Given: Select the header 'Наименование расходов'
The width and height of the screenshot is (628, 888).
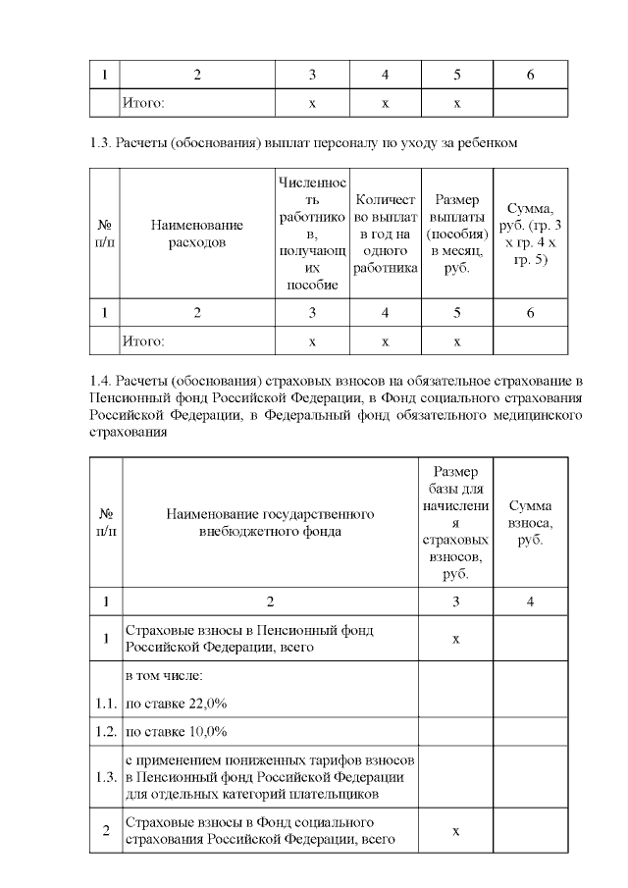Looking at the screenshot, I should click(x=197, y=233).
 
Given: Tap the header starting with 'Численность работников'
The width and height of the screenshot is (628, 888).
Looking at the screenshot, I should click(x=312, y=233).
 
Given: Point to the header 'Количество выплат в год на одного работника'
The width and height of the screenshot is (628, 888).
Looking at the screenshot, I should click(x=385, y=233).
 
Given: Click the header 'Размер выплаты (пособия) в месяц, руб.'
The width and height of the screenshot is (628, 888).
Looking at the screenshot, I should click(x=457, y=233).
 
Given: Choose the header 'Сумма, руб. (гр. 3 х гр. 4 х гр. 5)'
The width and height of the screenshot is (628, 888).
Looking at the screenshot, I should click(x=530, y=233).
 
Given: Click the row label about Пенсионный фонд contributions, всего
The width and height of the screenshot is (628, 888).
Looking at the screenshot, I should click(x=249, y=639).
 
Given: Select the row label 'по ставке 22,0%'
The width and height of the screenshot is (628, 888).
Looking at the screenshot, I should click(x=178, y=704).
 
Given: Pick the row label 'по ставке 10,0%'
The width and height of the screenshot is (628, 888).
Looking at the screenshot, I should click(x=178, y=732).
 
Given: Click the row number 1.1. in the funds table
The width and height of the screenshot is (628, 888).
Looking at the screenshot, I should click(x=104, y=704).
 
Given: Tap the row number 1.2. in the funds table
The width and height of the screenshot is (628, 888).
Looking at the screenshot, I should click(x=104, y=732).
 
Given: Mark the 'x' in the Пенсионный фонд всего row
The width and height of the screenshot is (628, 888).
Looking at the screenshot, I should click(x=456, y=639).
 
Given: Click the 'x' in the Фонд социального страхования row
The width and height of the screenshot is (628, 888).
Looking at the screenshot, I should click(x=456, y=831).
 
